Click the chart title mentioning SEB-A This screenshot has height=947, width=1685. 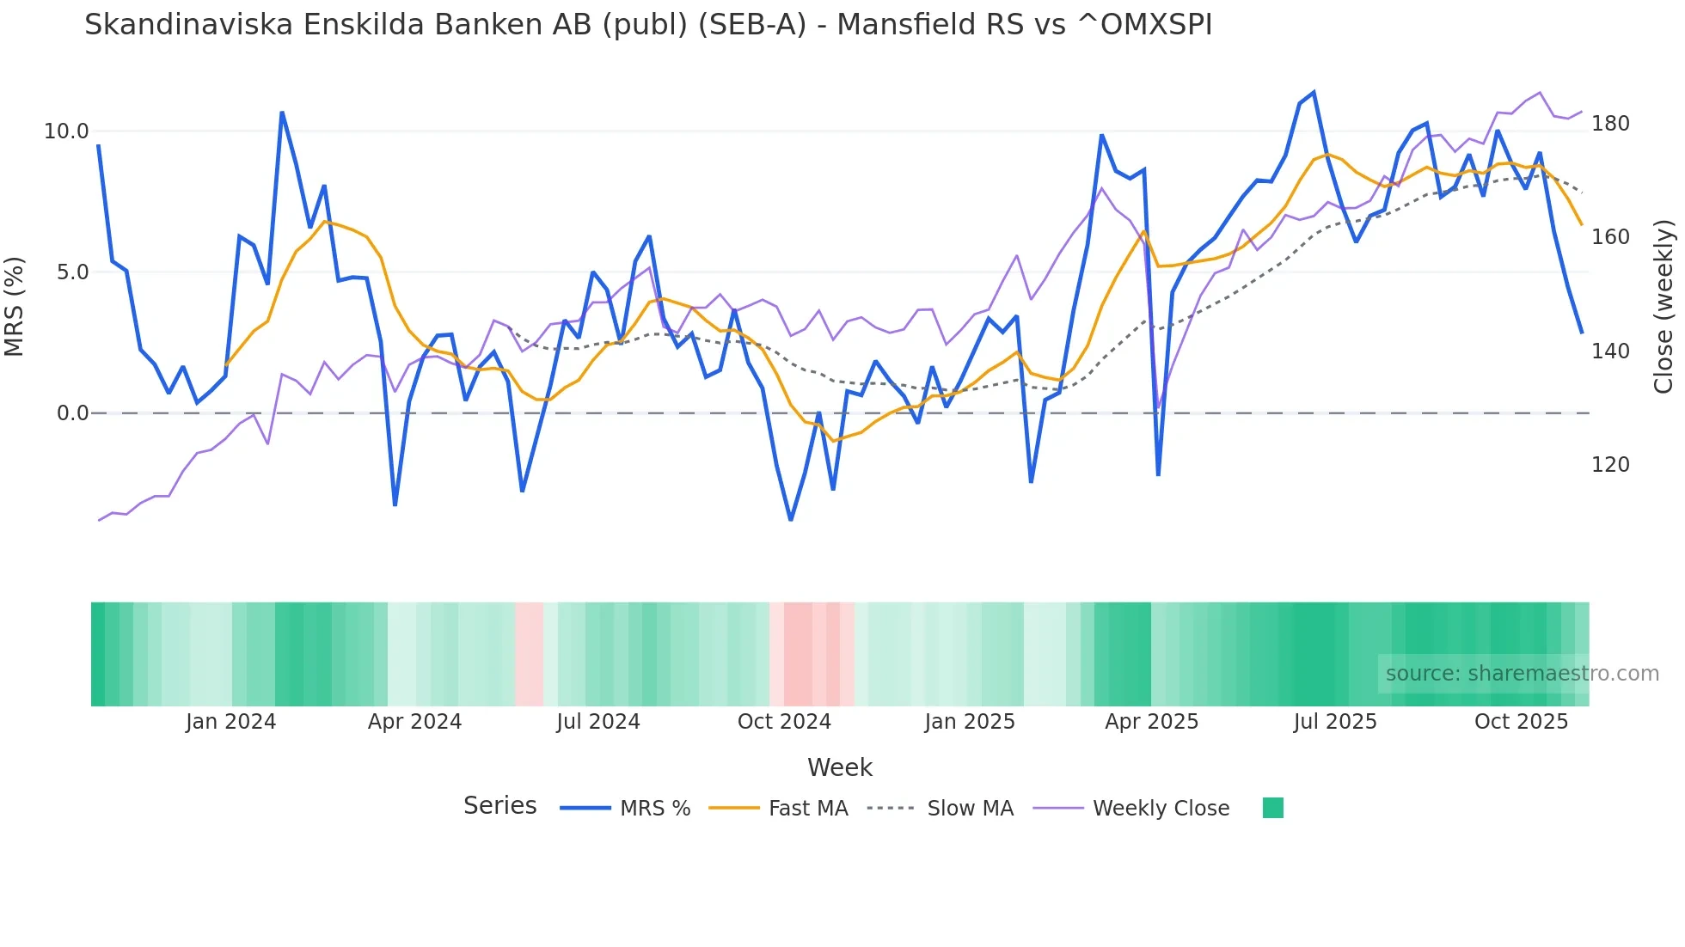pyautogui.click(x=648, y=25)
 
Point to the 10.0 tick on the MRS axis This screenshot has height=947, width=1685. pyautogui.click(x=66, y=131)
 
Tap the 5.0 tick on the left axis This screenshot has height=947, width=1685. pyautogui.click(x=72, y=272)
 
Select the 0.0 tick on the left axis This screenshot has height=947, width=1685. pyautogui.click(x=72, y=413)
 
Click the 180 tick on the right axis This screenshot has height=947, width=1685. pyautogui.click(x=1610, y=124)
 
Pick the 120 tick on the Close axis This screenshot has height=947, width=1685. pyautogui.click(x=1610, y=465)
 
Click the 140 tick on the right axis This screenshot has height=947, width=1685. pyautogui.click(x=1610, y=351)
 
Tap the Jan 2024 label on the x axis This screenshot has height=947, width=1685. pyautogui.click(x=230, y=722)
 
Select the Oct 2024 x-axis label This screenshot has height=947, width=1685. pyautogui.click(x=784, y=722)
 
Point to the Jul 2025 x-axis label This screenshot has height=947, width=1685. pyautogui.click(x=1335, y=722)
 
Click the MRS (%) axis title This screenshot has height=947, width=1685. pyautogui.click(x=15, y=306)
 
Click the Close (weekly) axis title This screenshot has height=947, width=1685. pyautogui.click(x=1664, y=307)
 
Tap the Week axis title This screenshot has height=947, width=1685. pyautogui.click(x=839, y=767)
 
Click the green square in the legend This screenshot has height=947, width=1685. pyautogui.click(x=1272, y=808)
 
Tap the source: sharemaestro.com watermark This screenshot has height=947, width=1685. pyautogui.click(x=1522, y=674)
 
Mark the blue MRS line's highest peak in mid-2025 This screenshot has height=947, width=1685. pyautogui.click(x=1314, y=92)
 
